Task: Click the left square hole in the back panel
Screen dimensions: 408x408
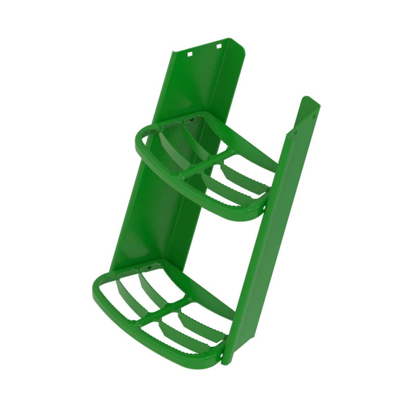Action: [189, 54]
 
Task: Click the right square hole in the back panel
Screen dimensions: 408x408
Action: [219, 45]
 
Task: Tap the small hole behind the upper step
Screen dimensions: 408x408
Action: [189, 121]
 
